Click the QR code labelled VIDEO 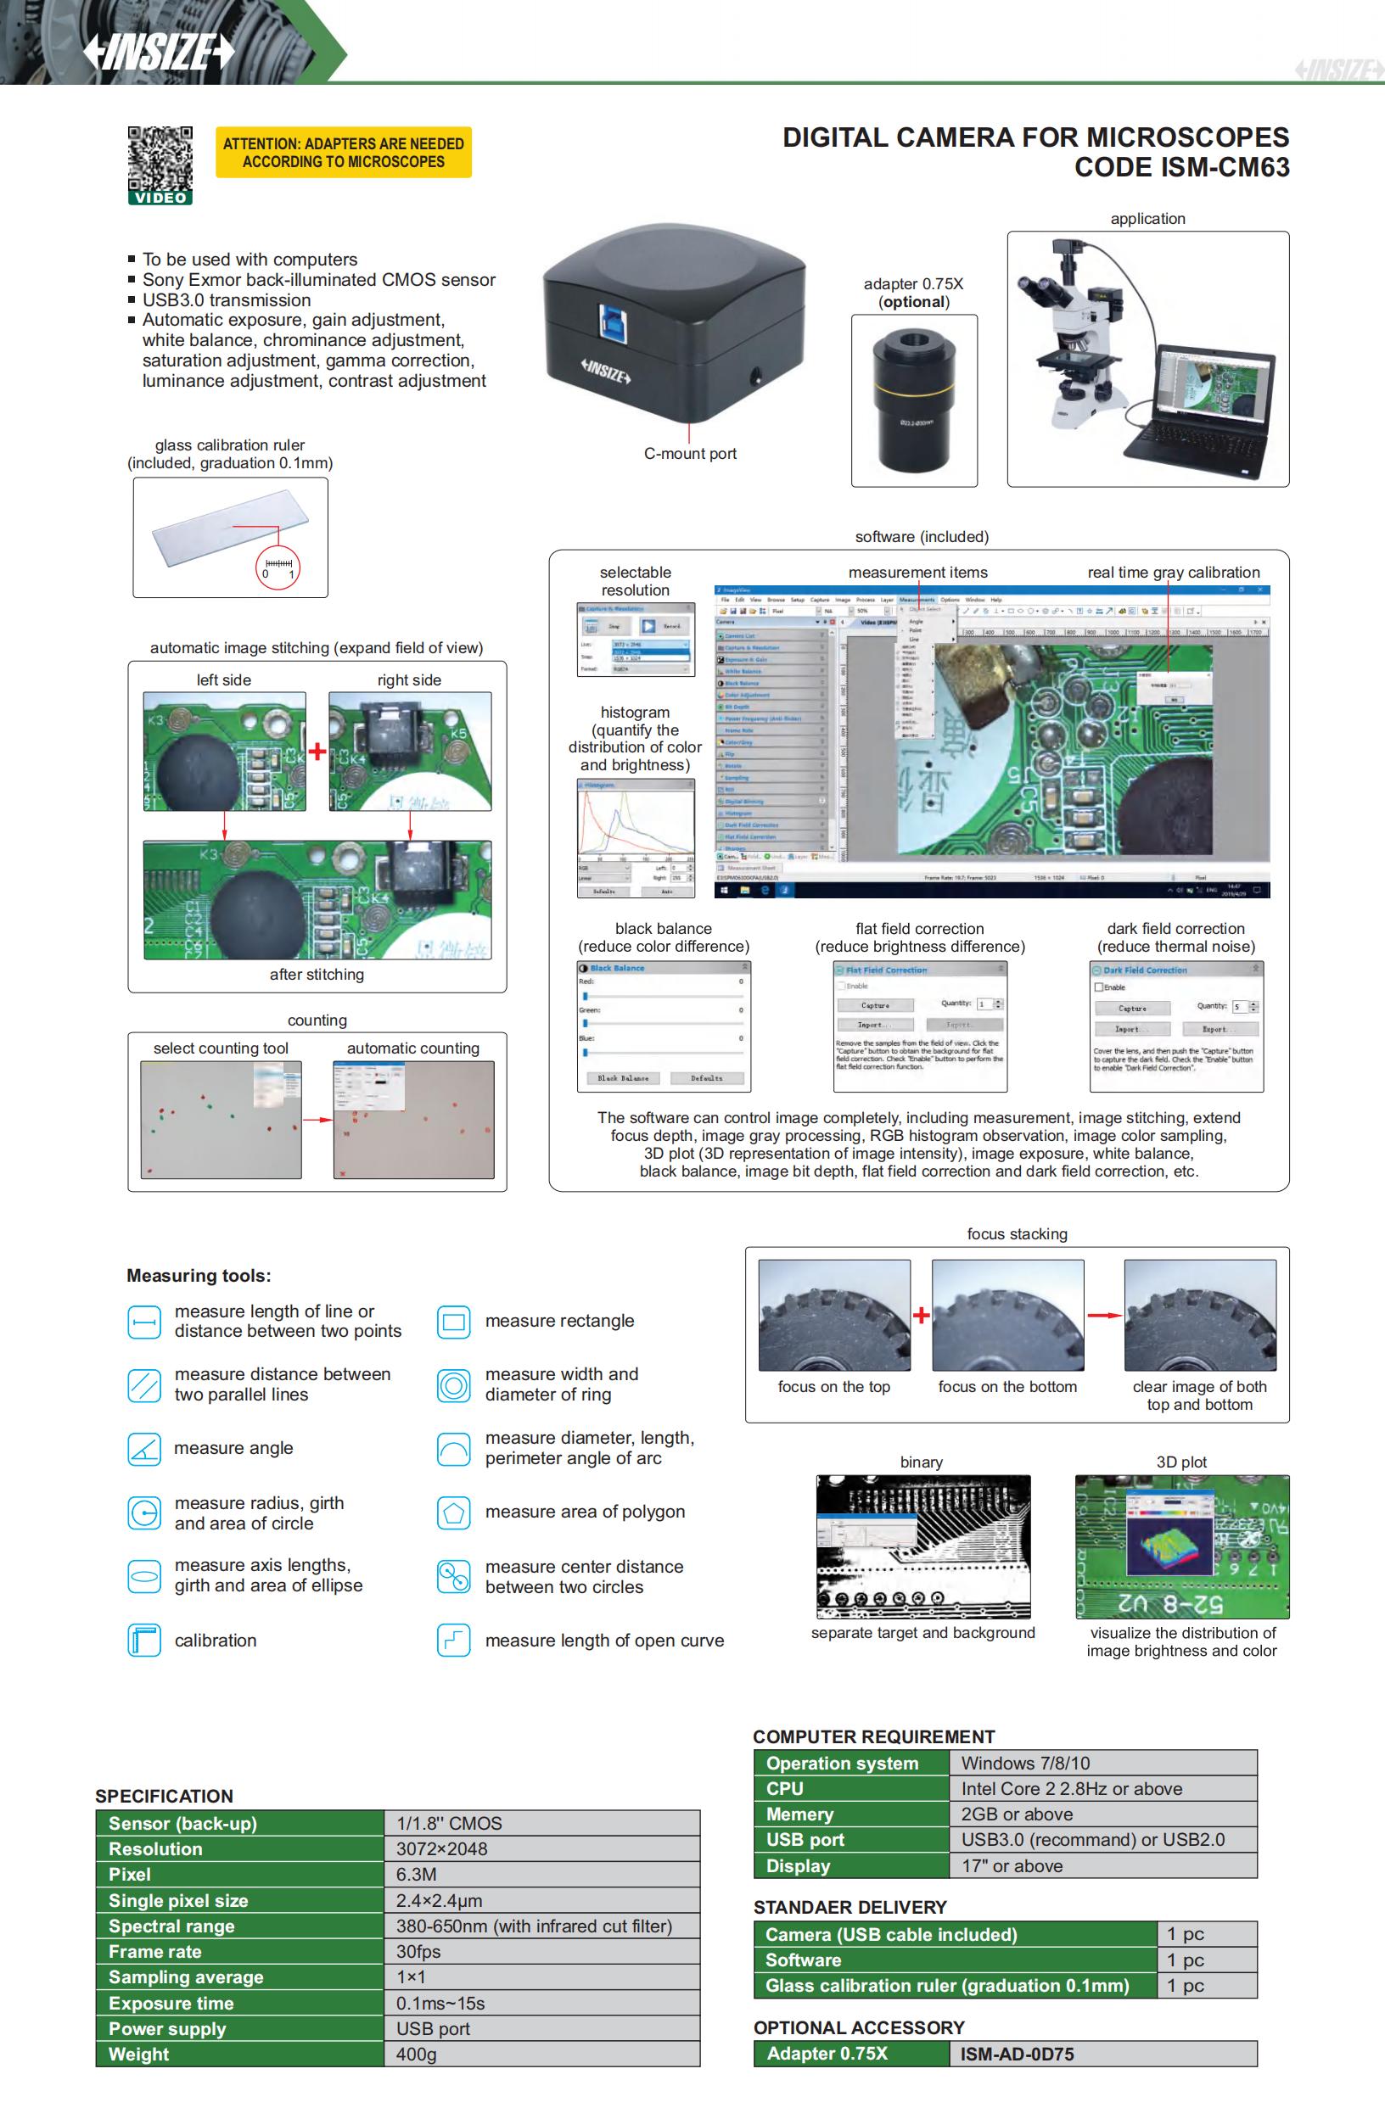(x=160, y=160)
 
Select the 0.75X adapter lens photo (x=913, y=399)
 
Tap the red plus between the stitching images (x=317, y=752)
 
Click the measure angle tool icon (x=144, y=1449)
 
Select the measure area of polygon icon (x=453, y=1512)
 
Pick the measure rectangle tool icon (x=453, y=1322)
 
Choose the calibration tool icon (x=144, y=1640)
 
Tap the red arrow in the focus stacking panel (x=1103, y=1315)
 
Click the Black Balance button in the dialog (x=623, y=1078)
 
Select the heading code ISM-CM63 (x=1181, y=167)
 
